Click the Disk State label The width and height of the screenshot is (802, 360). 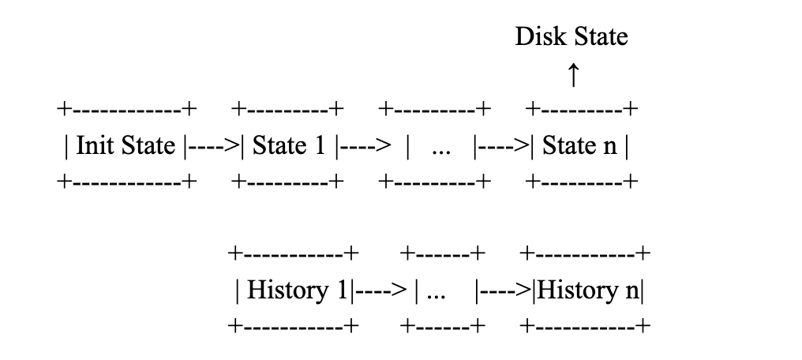point(571,36)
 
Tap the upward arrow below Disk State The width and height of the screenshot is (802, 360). point(573,76)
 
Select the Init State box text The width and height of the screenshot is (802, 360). point(126,146)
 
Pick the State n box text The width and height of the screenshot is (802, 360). point(580,146)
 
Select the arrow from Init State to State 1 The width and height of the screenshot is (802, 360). point(213,146)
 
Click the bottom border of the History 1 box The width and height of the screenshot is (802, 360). point(293,326)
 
